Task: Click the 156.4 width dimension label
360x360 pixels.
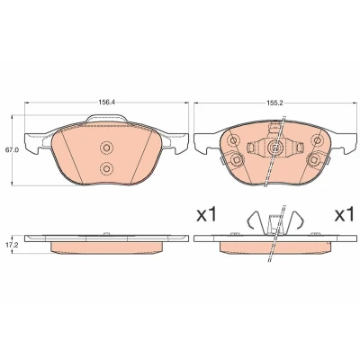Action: tap(107, 103)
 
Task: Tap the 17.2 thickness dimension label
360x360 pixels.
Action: tap(12, 245)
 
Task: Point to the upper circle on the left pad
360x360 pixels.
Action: tap(106, 148)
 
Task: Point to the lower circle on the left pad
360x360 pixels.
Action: tap(106, 168)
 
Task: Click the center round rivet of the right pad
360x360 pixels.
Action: tap(274, 147)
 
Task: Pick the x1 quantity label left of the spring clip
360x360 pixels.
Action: tap(206, 215)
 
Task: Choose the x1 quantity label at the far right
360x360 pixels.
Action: tap(345, 215)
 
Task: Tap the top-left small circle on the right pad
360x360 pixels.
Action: tap(233, 139)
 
